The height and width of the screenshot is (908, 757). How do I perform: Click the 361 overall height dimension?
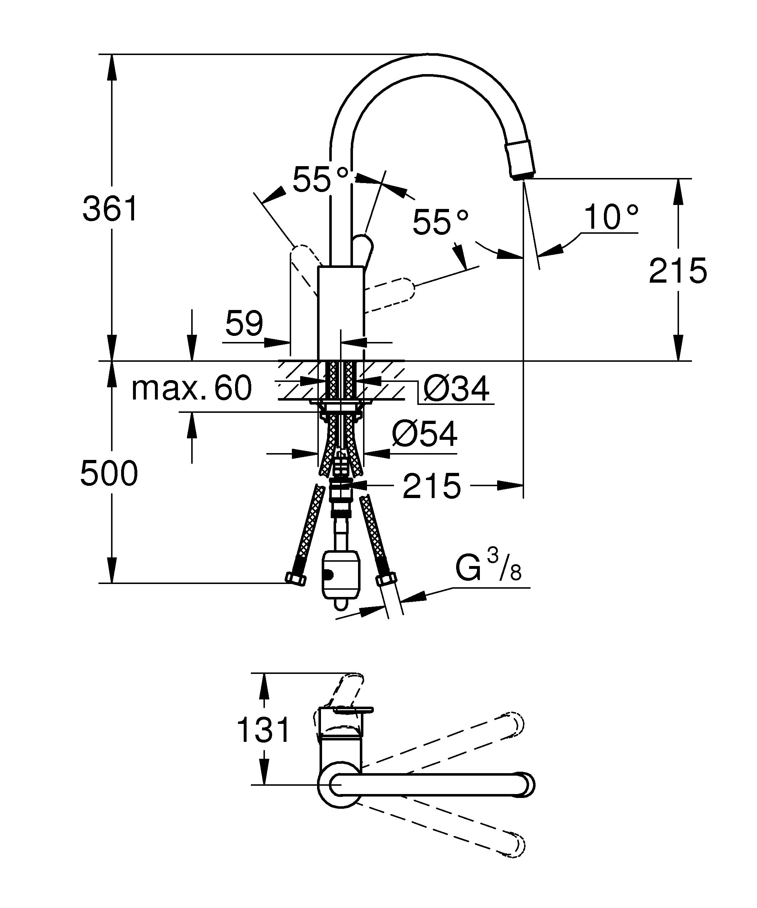click(110, 209)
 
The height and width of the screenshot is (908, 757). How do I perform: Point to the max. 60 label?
click(192, 388)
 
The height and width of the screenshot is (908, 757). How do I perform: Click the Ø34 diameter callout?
click(456, 389)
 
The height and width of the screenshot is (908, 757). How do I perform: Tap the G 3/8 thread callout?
click(488, 568)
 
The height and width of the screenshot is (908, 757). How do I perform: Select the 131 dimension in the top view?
click(263, 730)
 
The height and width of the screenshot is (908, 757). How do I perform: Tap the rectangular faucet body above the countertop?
click(341, 313)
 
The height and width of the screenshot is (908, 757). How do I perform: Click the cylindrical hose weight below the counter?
click(340, 575)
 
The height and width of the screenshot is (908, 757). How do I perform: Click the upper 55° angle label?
click(320, 179)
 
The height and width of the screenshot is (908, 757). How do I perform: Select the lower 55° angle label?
click(440, 222)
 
